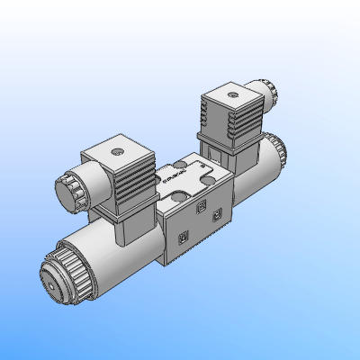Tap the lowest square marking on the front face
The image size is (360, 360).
tap(183, 237)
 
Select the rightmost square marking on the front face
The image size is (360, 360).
tap(217, 216)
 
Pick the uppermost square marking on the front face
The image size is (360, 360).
tap(201, 209)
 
